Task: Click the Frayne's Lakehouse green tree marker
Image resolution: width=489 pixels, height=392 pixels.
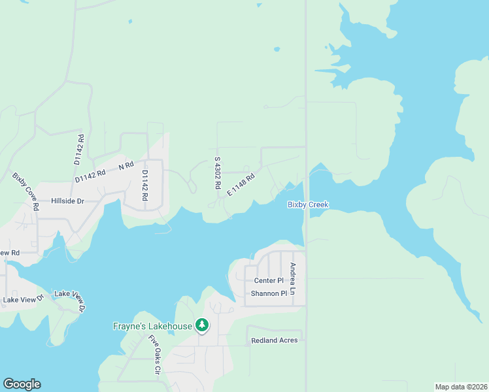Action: click(202, 325)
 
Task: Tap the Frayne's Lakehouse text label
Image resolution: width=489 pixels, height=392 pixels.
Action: click(152, 326)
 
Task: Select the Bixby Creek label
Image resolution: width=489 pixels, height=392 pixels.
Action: click(308, 204)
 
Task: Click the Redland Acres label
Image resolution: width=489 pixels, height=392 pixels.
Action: click(275, 340)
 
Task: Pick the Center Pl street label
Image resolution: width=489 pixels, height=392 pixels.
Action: click(269, 280)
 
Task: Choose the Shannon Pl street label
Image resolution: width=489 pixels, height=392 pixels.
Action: click(269, 293)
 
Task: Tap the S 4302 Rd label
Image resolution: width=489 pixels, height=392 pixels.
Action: click(218, 173)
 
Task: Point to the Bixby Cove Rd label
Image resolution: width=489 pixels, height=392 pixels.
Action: click(26, 191)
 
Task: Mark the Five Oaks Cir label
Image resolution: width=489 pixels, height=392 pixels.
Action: click(154, 354)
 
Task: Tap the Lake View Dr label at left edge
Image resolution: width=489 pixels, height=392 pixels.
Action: click(22, 299)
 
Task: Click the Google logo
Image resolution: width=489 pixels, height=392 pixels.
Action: click(22, 384)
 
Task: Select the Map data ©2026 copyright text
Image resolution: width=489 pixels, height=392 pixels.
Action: click(462, 386)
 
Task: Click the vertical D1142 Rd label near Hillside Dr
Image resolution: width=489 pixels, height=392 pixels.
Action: click(145, 186)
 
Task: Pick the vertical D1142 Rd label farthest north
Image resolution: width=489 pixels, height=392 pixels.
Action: click(78, 150)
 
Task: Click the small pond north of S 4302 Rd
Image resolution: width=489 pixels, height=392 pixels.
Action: click(277, 48)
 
